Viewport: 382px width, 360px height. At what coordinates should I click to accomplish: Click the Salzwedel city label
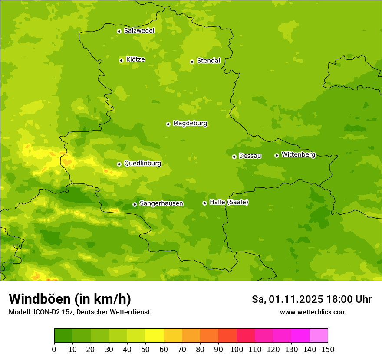point(139,31)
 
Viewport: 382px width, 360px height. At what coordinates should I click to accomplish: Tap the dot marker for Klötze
point(121,60)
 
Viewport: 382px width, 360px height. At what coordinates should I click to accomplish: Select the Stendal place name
point(208,61)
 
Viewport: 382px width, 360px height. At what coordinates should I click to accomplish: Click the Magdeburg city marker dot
point(168,124)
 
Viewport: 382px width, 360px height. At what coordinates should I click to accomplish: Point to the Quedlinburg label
point(142,164)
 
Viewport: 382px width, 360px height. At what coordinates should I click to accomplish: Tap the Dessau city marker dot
point(234,157)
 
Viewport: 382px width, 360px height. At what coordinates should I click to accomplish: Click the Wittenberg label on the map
point(298,155)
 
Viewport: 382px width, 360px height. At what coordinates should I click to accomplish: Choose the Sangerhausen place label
point(161,203)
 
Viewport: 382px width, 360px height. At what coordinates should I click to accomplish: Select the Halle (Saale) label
point(229,202)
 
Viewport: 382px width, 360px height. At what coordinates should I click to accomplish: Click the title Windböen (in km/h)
point(70,299)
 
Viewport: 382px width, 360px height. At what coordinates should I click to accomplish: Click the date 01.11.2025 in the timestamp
point(296,299)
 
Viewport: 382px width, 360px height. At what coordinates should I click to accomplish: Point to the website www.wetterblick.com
point(313,312)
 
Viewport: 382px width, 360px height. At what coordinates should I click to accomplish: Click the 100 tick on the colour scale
point(237,349)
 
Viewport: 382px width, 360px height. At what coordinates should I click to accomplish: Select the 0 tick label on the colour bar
point(54,349)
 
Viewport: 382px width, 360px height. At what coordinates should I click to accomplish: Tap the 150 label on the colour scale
point(328,349)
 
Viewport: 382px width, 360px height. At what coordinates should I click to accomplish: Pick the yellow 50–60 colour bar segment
point(155,336)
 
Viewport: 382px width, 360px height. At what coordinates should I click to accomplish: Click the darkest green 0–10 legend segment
point(63,336)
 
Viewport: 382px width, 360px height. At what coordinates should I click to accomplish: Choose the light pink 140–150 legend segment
point(319,336)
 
